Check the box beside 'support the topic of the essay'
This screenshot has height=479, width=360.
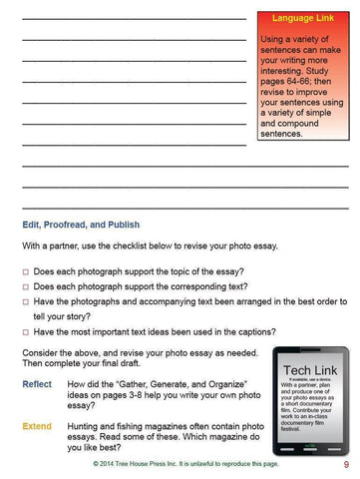[25, 271]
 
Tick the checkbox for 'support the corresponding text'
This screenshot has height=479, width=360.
[25, 287]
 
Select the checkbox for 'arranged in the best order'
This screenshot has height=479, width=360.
[25, 302]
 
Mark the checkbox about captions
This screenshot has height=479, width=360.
[25, 331]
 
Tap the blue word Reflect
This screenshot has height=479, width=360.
[37, 384]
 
